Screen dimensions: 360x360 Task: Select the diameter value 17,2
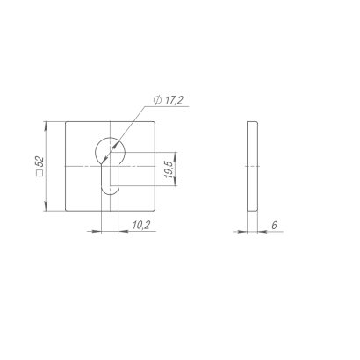tap(172, 103)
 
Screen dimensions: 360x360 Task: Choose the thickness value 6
tap(274, 226)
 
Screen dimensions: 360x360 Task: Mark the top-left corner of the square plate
tap(66, 122)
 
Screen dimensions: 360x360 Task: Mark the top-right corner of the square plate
tap(154, 122)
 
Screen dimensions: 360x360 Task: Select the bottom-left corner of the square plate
tap(66, 211)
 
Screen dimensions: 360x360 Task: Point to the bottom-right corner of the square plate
tap(154, 211)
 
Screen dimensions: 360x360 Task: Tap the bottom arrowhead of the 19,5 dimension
tap(178, 186)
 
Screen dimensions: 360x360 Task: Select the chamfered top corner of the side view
tap(257, 123)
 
